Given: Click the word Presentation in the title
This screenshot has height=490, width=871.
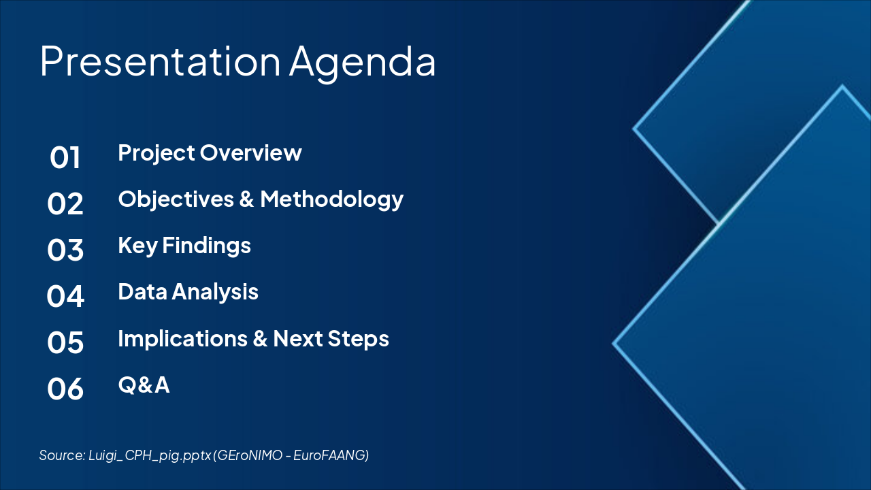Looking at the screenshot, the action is tap(160, 61).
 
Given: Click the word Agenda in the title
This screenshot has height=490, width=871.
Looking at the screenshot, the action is tap(363, 64).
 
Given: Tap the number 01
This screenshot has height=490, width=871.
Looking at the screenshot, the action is tap(65, 157).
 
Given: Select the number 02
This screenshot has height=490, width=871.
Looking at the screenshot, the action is tap(65, 203).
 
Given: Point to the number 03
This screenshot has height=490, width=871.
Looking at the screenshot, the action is tap(65, 250).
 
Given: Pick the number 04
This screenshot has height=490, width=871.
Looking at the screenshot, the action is tap(65, 296).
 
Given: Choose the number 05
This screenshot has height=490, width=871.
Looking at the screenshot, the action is tap(65, 342).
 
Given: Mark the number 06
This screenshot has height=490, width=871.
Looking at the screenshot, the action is tap(65, 389).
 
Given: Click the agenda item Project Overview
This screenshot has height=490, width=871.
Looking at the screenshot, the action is tap(210, 153).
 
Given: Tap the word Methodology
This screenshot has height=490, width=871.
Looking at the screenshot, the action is tap(331, 200).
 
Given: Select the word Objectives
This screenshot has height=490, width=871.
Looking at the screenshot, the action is tap(176, 200).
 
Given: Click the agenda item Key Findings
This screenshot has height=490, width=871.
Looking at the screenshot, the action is tap(184, 246).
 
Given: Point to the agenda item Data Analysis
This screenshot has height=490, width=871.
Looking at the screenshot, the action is tap(188, 293).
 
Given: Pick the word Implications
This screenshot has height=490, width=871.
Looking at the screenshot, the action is tap(183, 338).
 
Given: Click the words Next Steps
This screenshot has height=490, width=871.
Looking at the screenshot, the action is tap(331, 339).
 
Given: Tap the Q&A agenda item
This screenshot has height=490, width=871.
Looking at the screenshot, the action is tap(144, 385).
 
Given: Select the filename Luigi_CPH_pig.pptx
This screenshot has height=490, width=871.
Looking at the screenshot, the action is tap(150, 455).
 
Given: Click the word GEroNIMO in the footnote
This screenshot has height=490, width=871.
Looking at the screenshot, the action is tap(250, 455).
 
